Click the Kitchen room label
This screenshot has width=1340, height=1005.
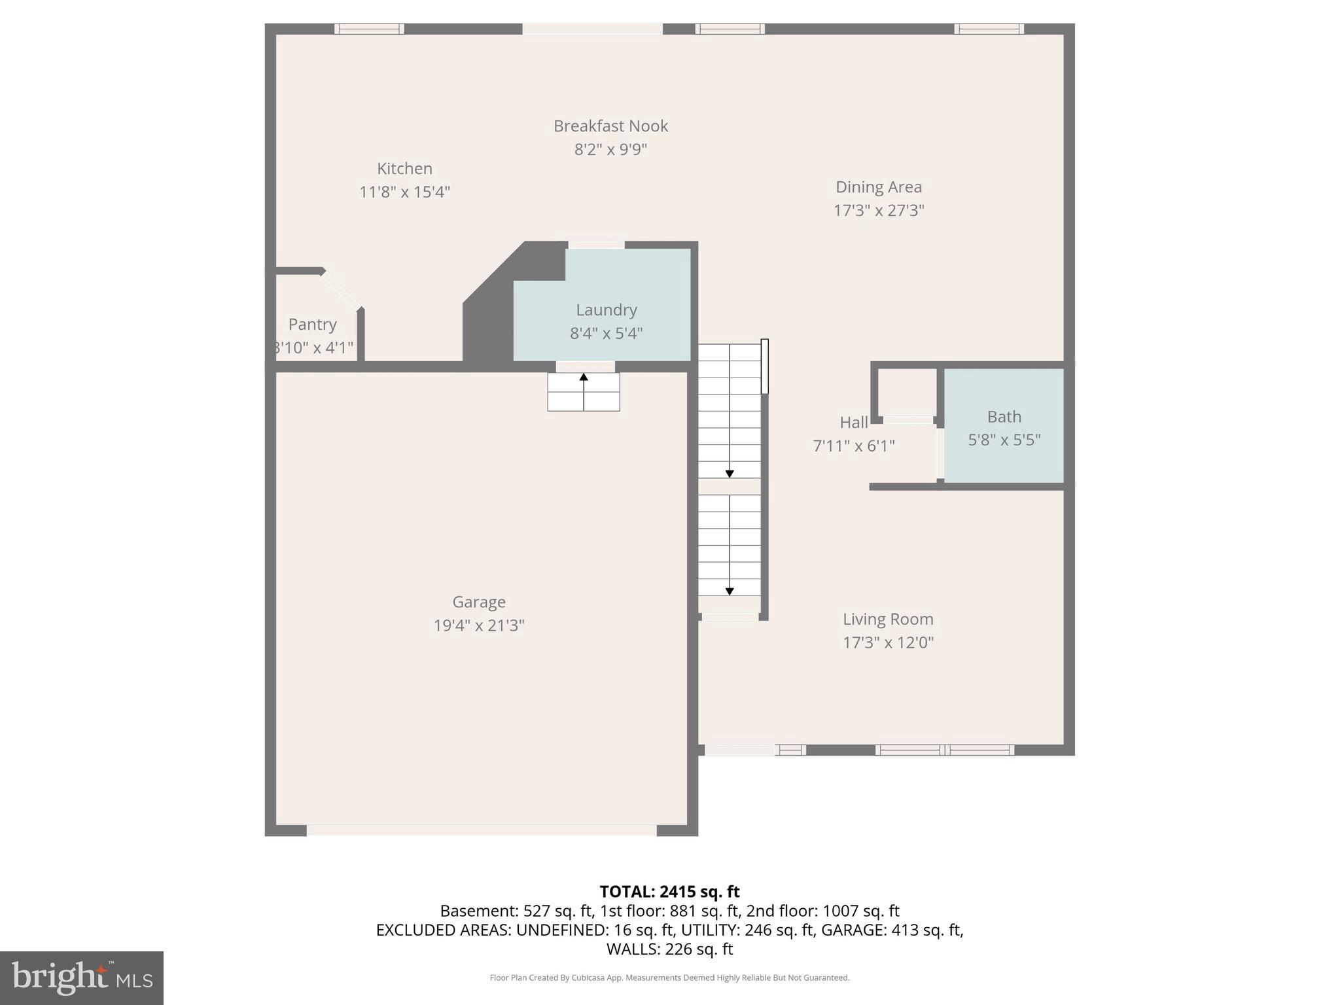point(404,168)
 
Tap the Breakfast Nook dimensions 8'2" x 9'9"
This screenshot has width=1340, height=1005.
point(610,149)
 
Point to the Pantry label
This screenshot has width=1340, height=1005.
point(313,324)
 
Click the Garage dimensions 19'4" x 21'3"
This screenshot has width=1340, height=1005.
point(479,626)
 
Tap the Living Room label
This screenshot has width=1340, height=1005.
point(888,619)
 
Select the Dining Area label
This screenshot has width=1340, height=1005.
point(879,186)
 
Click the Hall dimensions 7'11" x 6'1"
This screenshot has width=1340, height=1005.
point(853,446)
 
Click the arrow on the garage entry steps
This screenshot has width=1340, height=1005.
point(584,378)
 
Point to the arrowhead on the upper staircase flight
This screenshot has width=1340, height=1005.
point(730,473)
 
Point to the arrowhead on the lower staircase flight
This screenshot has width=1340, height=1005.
point(730,591)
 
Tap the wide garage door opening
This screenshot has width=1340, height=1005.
point(482,830)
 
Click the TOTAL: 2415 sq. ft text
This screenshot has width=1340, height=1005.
point(669,892)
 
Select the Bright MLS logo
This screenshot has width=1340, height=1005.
point(82,978)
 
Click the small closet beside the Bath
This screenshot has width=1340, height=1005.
point(906,391)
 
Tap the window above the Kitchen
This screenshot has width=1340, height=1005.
point(369,29)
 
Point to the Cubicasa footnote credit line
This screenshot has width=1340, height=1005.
point(669,978)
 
